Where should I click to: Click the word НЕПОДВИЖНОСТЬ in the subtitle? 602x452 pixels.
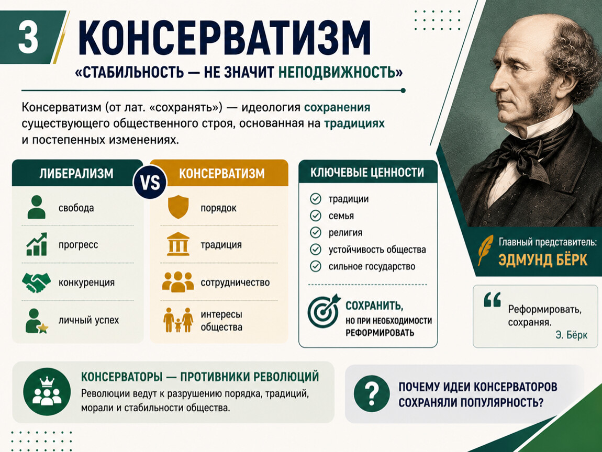(340, 72)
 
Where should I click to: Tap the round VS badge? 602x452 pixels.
(150, 183)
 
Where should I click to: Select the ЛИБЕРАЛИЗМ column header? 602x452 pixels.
(76, 174)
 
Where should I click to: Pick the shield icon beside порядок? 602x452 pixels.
(178, 207)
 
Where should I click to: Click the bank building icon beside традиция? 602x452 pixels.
(178, 244)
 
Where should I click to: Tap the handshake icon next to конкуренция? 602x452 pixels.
(37, 282)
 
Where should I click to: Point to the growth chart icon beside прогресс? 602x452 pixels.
(37, 244)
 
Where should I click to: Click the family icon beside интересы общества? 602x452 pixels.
(178, 320)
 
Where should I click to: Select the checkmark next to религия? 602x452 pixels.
(316, 232)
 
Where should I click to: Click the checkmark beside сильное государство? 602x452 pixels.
(316, 266)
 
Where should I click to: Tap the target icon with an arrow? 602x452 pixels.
(324, 311)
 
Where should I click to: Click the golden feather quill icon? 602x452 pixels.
(485, 250)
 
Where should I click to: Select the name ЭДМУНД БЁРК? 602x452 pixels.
(543, 260)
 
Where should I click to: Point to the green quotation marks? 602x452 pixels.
(493, 300)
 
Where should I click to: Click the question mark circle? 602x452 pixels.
(372, 394)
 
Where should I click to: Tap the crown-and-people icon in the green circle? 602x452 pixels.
(47, 392)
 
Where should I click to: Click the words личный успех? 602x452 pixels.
(88, 320)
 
